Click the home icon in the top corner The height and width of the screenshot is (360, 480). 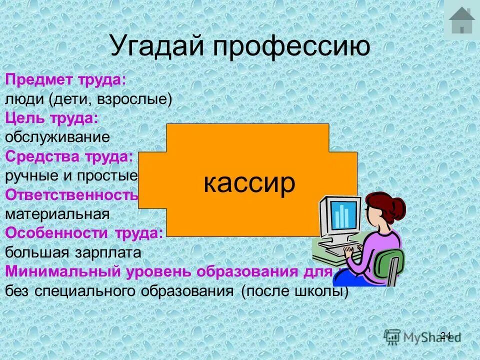(461, 20)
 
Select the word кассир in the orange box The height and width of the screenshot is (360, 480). (249, 183)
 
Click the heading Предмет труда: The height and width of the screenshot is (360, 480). (65, 80)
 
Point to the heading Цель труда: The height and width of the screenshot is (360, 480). (51, 118)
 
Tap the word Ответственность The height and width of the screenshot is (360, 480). (71, 194)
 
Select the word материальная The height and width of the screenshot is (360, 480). (57, 214)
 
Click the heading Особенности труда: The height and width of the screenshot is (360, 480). (84, 233)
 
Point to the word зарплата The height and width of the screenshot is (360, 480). (114, 252)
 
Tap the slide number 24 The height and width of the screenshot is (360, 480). (445, 335)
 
